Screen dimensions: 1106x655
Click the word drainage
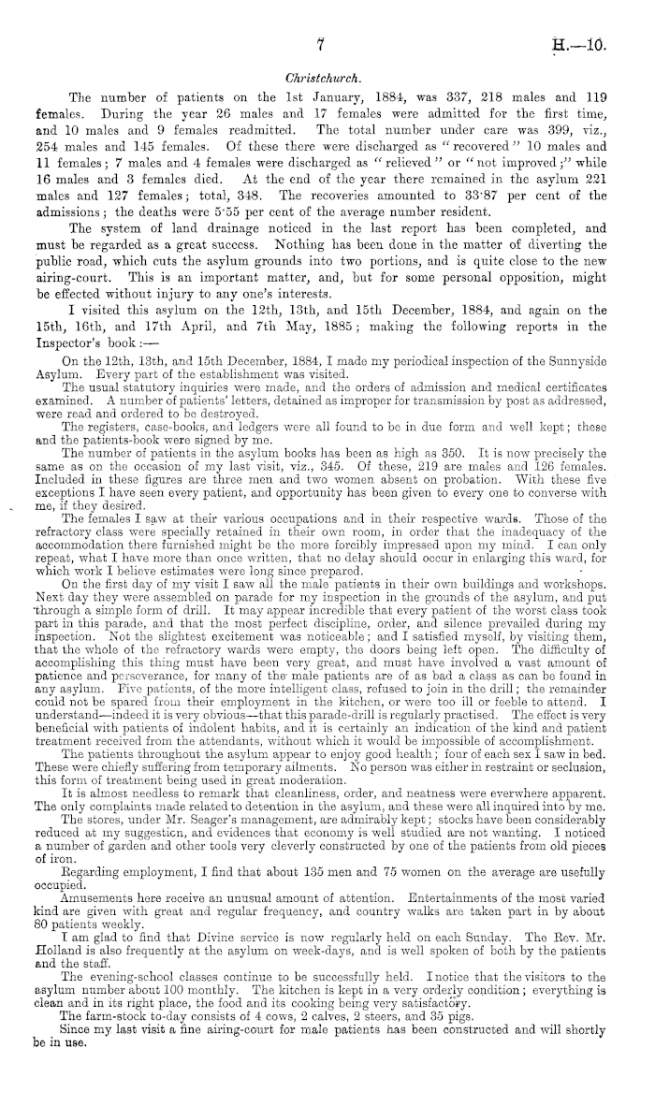(238, 241)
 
